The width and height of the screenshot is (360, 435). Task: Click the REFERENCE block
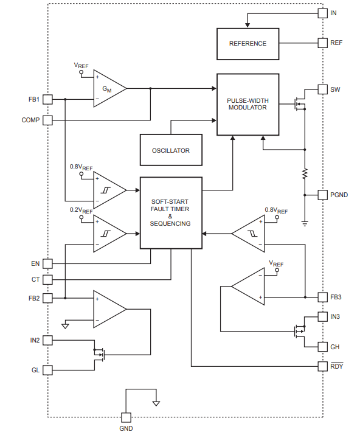247,44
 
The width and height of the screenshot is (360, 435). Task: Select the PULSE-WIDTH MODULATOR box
247,104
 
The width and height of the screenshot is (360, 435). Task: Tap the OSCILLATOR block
171,150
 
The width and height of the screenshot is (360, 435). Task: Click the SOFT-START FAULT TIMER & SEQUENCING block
171,213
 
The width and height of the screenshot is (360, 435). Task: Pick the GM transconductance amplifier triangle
110,88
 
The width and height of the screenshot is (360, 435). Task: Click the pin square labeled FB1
47,99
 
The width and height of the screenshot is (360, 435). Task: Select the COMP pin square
47,120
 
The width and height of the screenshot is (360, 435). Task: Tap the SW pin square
322,89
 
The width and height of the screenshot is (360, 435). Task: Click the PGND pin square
322,195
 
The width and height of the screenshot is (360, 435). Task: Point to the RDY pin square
322,366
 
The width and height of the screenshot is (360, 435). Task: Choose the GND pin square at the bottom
126,417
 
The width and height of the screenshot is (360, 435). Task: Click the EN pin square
47,263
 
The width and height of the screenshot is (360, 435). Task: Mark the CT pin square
47,279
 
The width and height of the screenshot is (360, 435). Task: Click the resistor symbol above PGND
305,173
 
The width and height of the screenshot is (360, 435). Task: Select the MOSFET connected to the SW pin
300,104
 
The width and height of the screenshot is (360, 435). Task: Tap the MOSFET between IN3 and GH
300,331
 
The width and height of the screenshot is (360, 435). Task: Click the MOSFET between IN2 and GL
99,355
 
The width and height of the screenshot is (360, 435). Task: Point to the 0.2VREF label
81,211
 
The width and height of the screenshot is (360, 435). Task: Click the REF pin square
322,43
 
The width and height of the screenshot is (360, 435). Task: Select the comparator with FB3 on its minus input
248,234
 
